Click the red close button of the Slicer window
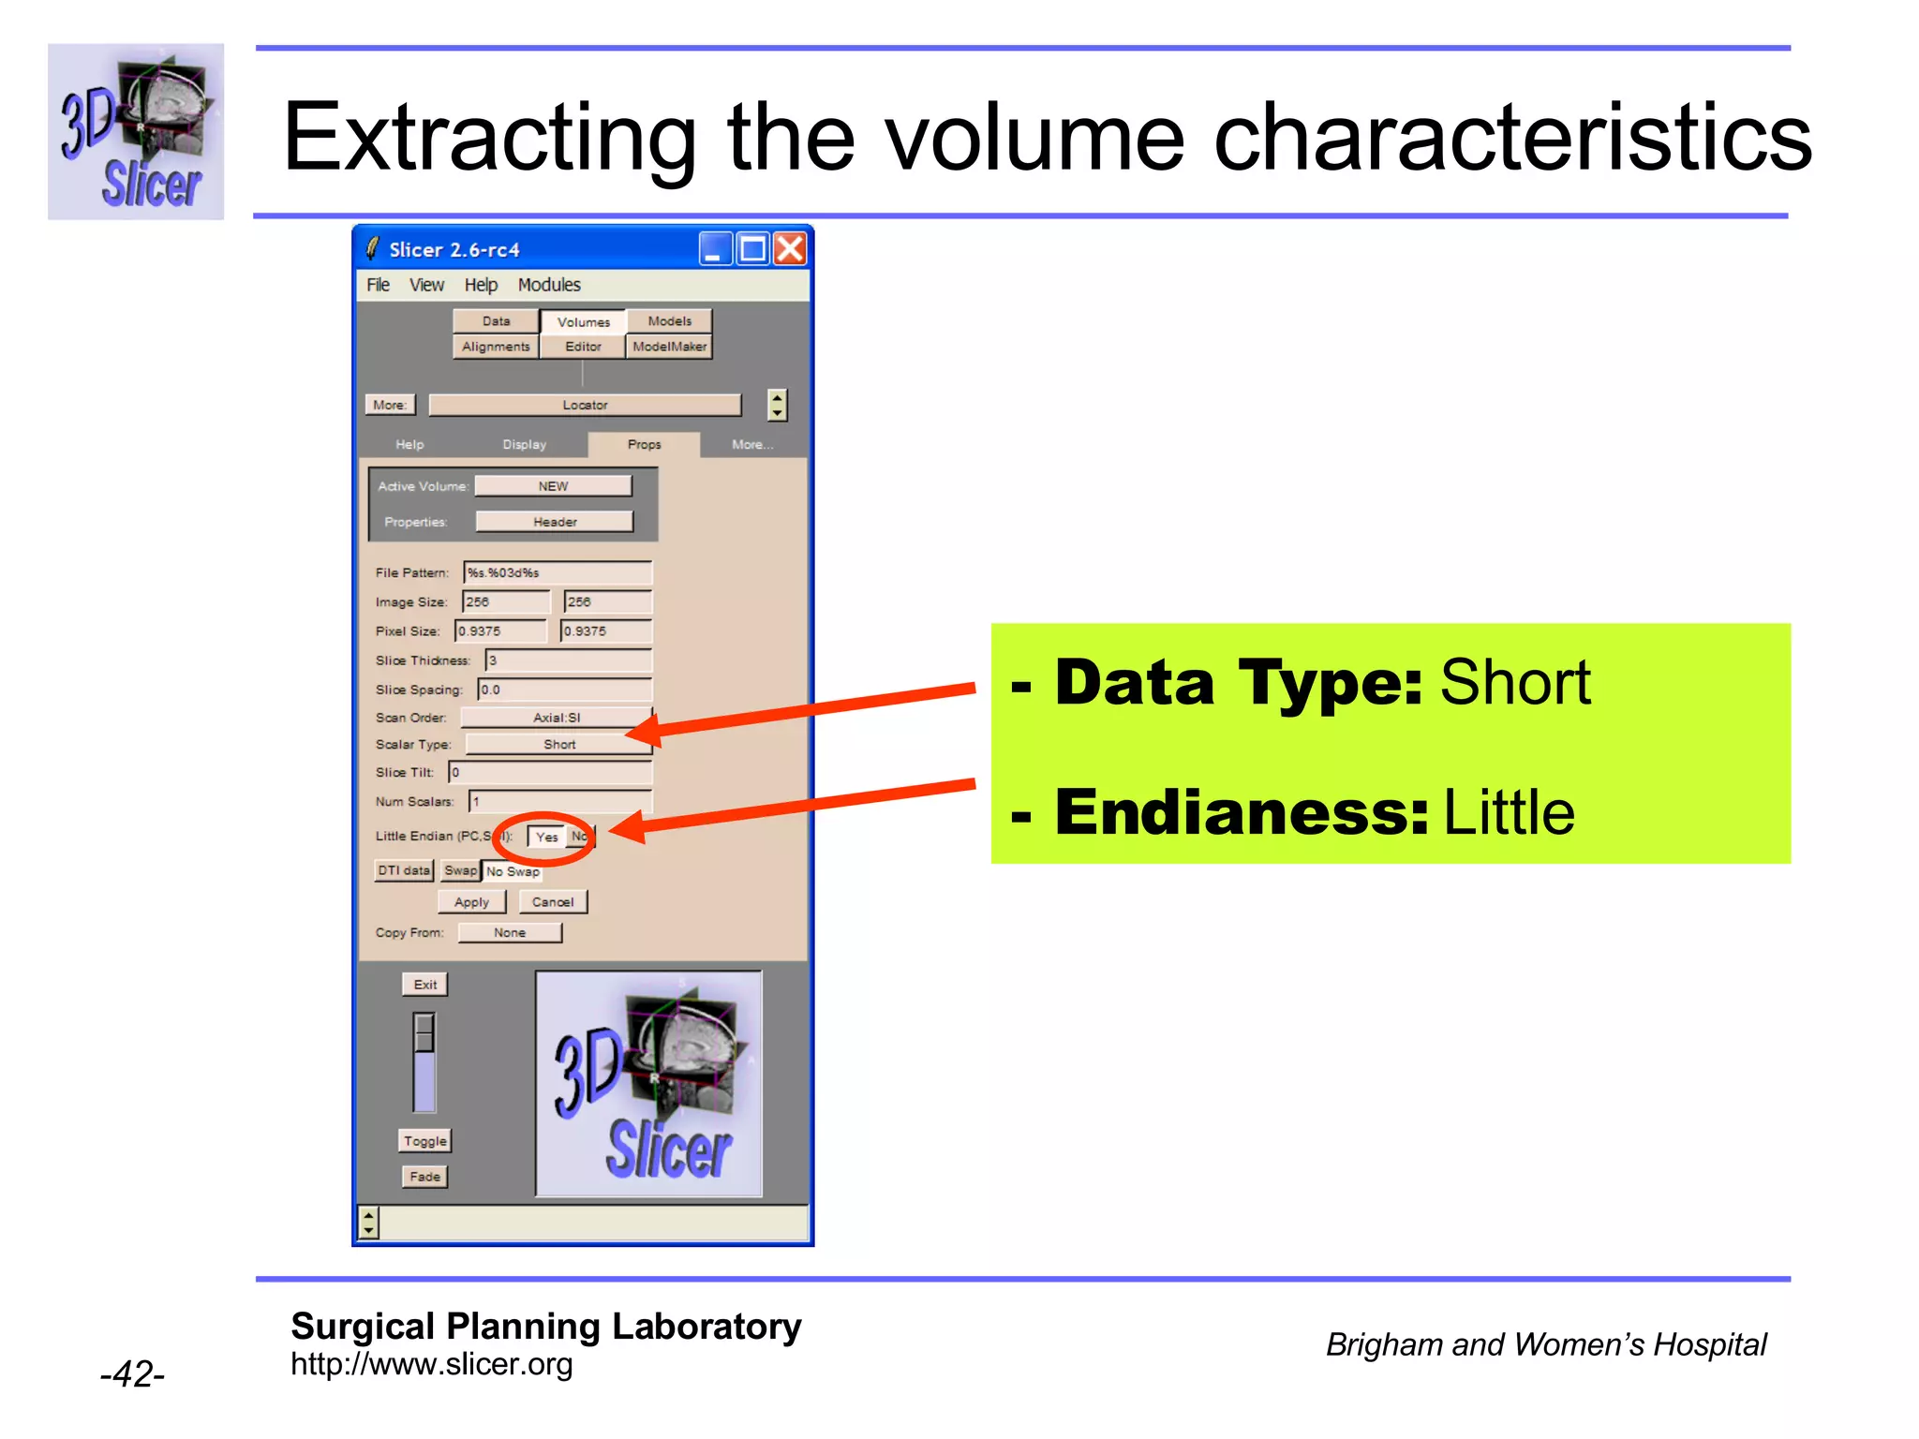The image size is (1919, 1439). pyautogui.click(x=791, y=249)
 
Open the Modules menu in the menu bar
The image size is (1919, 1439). pyautogui.click(x=549, y=285)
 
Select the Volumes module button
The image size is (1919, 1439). pyautogui.click(x=583, y=322)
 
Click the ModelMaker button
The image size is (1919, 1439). pyautogui.click(x=669, y=347)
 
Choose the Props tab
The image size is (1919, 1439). pyautogui.click(x=644, y=445)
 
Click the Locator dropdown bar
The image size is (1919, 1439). pyautogui.click(x=585, y=406)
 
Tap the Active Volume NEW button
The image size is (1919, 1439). pyautogui.click(x=553, y=486)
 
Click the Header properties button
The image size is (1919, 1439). pyautogui.click(x=555, y=522)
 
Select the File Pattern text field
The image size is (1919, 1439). pyautogui.click(x=558, y=572)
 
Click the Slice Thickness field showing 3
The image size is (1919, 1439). pyautogui.click(x=568, y=660)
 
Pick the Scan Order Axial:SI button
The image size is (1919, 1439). pyautogui.click(x=557, y=718)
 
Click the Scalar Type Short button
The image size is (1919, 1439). pyautogui.click(x=559, y=745)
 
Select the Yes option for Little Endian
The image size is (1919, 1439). pyautogui.click(x=547, y=837)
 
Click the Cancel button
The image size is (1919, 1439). pyautogui.click(x=553, y=902)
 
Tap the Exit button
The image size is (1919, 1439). pyautogui.click(x=425, y=985)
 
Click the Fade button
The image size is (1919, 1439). pyautogui.click(x=424, y=1177)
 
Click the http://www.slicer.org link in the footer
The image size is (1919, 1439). pyautogui.click(x=431, y=1365)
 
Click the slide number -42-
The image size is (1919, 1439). pyautogui.click(x=132, y=1374)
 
